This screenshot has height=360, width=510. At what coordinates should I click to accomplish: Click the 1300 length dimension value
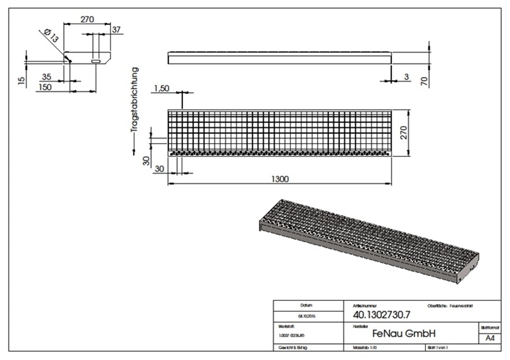tap(280, 178)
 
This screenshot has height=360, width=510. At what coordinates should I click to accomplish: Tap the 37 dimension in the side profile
tap(116, 30)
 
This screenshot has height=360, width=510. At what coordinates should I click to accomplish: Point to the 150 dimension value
tap(45, 87)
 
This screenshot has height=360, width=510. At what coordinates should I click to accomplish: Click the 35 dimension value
tap(46, 77)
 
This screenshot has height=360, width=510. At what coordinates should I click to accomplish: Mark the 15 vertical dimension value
tap(21, 81)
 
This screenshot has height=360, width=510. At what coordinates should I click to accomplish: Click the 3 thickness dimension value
tap(406, 76)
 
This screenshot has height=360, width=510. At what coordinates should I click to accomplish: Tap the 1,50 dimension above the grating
tap(161, 88)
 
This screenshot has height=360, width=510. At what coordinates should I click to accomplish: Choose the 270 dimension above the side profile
tap(87, 20)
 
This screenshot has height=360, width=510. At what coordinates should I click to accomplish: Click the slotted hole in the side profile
tap(95, 61)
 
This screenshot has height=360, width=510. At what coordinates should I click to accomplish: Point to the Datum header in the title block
tap(306, 304)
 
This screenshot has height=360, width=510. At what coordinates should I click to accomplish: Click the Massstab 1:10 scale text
tap(365, 347)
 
